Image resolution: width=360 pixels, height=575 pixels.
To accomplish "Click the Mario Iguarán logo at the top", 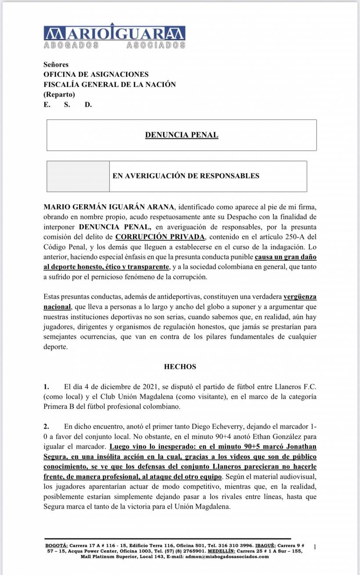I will point(115,36).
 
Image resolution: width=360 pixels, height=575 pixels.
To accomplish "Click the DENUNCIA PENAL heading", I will point(181,135).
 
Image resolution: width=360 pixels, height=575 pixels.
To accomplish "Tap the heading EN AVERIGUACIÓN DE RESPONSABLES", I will point(186,176).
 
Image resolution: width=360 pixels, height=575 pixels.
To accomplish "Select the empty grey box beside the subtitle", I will point(78,176).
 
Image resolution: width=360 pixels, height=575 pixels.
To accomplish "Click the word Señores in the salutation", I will point(56,65).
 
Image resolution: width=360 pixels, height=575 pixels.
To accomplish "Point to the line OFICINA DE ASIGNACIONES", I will point(96,75).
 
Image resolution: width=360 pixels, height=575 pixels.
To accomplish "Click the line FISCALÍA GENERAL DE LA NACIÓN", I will point(109,84).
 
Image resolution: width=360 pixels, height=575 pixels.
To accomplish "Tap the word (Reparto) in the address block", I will point(59,94).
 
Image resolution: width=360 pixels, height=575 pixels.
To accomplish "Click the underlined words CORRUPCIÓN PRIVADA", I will point(160,237).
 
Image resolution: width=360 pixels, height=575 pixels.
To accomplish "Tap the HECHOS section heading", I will point(180,366).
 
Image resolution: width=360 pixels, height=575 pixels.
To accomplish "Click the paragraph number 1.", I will point(46,387).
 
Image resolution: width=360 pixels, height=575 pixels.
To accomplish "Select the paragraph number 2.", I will point(46,427).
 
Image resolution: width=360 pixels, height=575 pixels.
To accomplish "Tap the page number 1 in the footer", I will point(315,546).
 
